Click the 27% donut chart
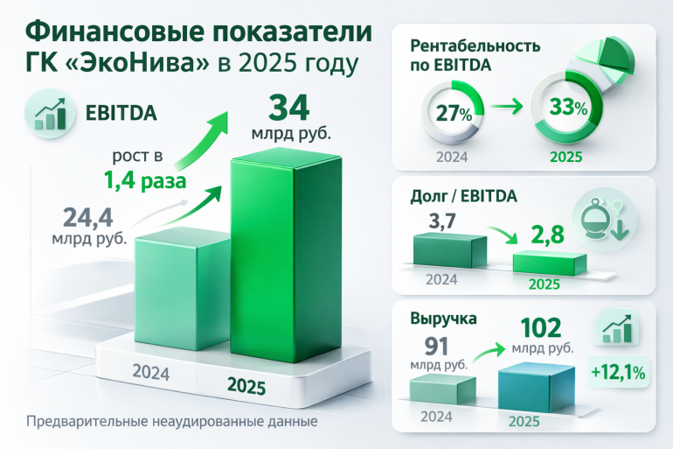(x=449, y=114)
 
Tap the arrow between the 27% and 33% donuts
(x=508, y=111)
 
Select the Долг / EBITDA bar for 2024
(x=448, y=251)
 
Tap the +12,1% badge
(x=619, y=372)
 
